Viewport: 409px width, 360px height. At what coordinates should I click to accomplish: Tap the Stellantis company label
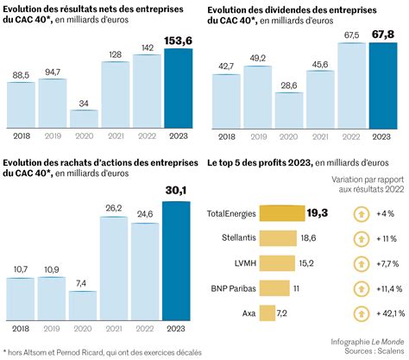click(x=230, y=237)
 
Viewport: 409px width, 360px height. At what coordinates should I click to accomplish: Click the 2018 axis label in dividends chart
click(x=225, y=136)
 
